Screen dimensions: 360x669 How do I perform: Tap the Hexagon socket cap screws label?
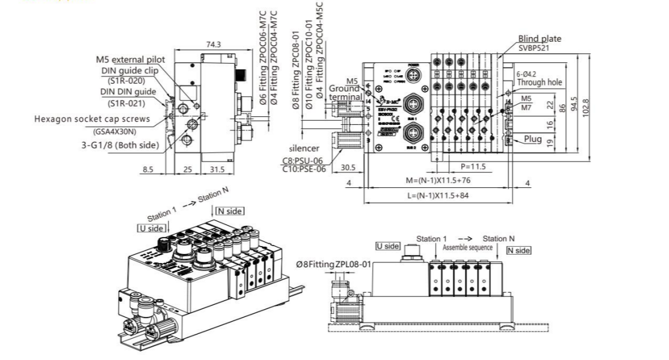(x=96, y=119)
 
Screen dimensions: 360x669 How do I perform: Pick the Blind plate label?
(x=540, y=39)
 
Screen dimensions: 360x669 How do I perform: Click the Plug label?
(x=533, y=138)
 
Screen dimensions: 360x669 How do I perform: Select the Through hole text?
(x=544, y=82)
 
